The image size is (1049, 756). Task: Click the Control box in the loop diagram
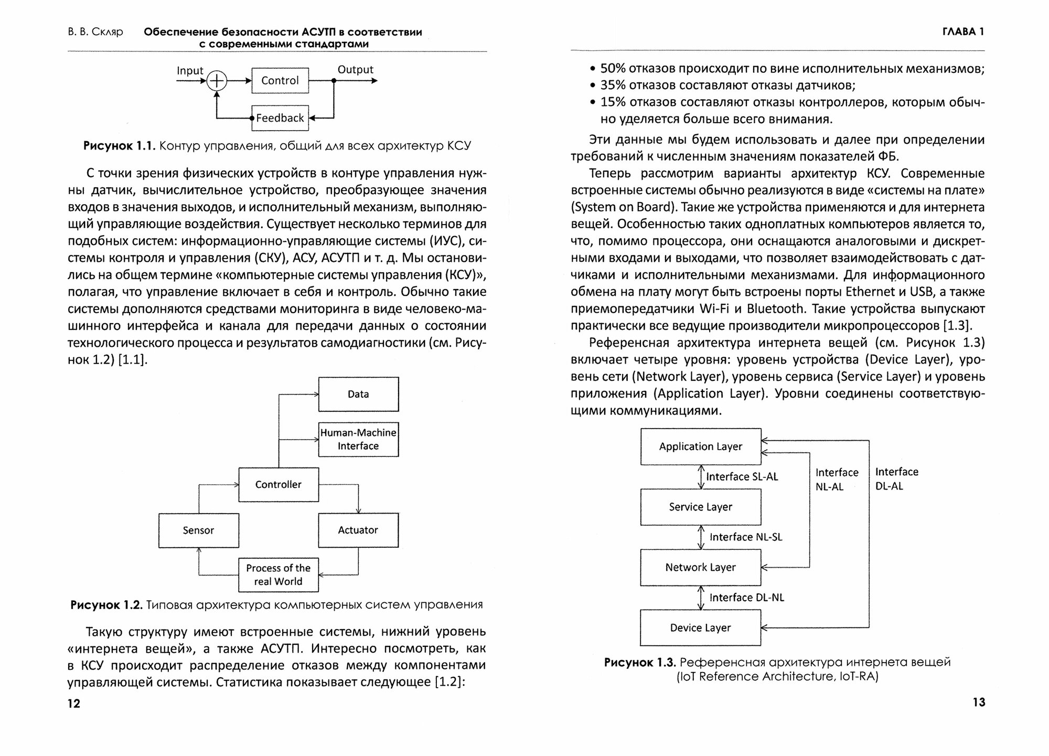pos(280,80)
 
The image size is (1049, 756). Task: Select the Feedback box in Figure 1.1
pos(280,118)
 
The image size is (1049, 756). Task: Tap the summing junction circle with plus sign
pos(217,81)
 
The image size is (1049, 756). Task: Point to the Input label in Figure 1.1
pos(190,70)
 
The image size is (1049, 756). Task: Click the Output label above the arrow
pos(355,69)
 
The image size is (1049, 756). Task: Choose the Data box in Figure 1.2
pos(358,394)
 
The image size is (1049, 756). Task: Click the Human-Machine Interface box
pos(358,439)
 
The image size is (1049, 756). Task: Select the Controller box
pos(279,484)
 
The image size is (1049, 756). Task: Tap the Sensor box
pos(198,530)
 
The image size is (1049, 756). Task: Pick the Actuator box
pos(358,530)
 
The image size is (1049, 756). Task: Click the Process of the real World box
pos(279,574)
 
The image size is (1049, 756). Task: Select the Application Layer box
pos(700,446)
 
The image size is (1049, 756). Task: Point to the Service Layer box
pos(700,507)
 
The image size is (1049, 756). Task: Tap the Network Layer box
pos(700,567)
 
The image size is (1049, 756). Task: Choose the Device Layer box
pos(700,627)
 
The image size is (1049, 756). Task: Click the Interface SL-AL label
pos(742,476)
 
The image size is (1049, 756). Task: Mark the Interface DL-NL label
pos(746,598)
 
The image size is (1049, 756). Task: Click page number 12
pos(74,704)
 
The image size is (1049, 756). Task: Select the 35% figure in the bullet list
pos(613,85)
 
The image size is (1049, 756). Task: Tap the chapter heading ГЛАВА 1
pos(963,31)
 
